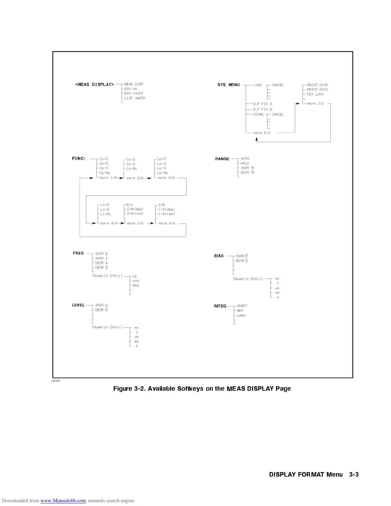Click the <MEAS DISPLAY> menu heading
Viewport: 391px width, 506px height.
point(95,85)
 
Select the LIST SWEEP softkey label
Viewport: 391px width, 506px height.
point(135,98)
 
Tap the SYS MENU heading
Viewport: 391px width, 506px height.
point(228,85)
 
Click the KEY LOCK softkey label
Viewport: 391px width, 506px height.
point(315,94)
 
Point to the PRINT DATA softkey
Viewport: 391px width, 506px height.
point(318,89)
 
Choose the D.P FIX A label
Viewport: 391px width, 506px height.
point(263,104)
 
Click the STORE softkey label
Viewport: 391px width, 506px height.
point(258,114)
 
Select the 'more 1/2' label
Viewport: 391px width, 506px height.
point(262,133)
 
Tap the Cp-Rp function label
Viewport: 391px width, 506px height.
point(104,173)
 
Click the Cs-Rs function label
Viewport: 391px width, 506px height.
point(131,169)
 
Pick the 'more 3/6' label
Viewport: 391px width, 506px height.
point(166,178)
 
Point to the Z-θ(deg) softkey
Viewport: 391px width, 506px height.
point(135,209)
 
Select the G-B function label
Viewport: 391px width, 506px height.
point(161,205)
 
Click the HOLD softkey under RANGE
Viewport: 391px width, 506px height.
point(245,163)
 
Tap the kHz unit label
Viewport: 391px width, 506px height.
point(136,281)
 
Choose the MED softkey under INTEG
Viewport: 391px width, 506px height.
point(240,310)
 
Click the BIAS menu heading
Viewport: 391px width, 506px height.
point(219,256)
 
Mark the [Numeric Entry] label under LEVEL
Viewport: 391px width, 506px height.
point(107,327)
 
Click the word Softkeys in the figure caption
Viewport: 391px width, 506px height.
point(190,389)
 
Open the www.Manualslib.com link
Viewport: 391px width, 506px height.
point(63,501)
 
